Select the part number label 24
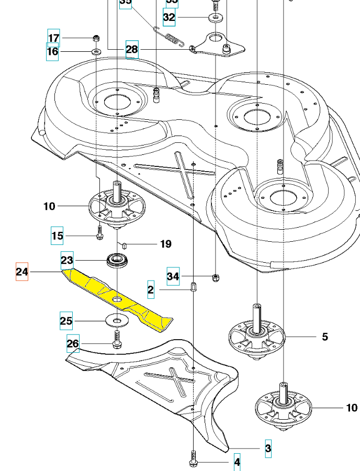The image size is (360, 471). [x=22, y=272]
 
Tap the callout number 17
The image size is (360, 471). [x=54, y=38]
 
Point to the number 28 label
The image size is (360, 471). [x=132, y=50]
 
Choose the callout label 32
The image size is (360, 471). [x=169, y=17]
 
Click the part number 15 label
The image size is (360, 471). [x=57, y=236]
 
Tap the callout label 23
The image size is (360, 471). [x=67, y=260]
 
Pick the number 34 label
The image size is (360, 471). [x=173, y=275]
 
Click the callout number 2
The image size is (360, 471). [x=151, y=289]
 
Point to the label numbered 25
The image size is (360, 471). [x=66, y=321]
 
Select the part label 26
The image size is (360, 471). [x=73, y=344]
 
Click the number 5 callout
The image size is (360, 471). [x=325, y=337]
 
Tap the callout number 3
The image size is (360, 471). [x=268, y=448]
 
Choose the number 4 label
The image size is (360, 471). [x=237, y=463]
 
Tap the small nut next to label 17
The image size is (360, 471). [x=96, y=38]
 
